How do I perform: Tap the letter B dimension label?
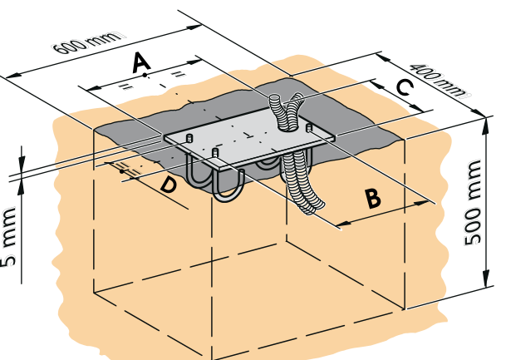[x=373, y=199]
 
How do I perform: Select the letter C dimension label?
[x=404, y=87]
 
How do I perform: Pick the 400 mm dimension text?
[x=437, y=80]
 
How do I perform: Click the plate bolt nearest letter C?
[x=309, y=128]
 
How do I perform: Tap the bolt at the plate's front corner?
[x=216, y=154]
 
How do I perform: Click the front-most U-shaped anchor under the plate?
[x=225, y=187]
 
